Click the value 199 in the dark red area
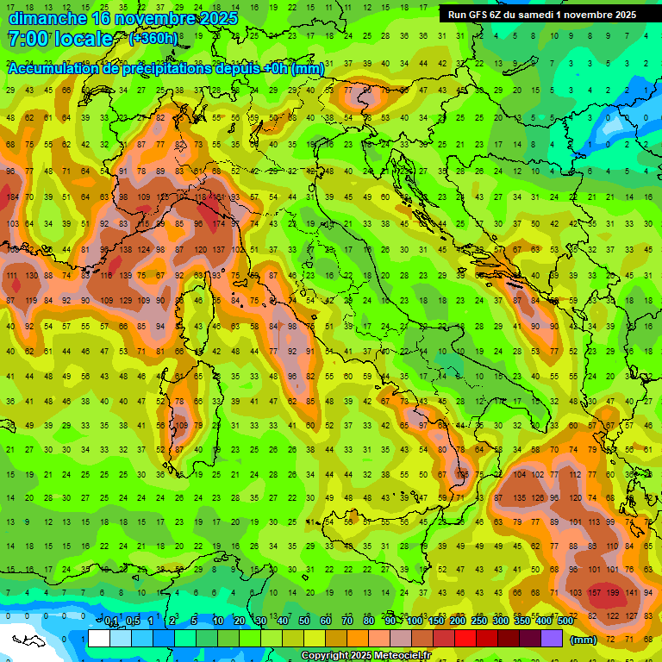click(613, 593)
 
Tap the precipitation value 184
click(13, 197)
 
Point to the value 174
click(219, 224)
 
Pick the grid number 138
click(125, 249)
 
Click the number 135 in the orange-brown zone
click(520, 497)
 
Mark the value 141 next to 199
click(633, 593)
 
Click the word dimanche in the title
click(47, 17)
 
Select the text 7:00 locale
click(59, 39)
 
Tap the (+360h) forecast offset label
click(153, 39)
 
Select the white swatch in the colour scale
click(99, 639)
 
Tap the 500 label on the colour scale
click(565, 621)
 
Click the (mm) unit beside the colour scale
click(584, 640)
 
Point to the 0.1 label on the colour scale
click(111, 621)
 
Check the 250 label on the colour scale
click(478, 621)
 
